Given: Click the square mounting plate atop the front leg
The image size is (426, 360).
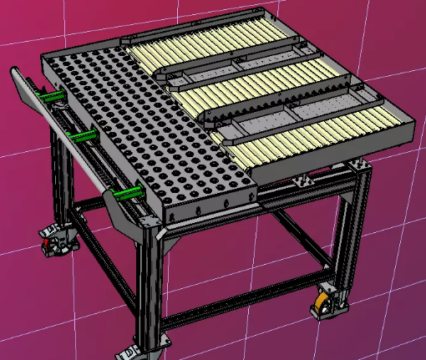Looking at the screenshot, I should click(x=149, y=221).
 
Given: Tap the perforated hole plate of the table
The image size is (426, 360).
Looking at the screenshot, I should click(x=142, y=125).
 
